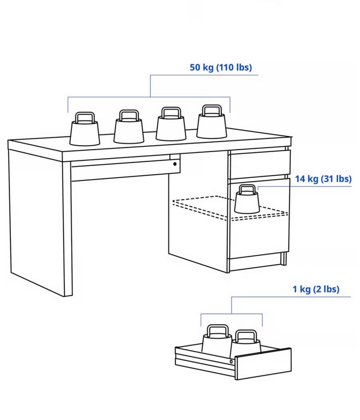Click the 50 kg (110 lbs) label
click(x=221, y=67)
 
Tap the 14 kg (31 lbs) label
click(x=323, y=178)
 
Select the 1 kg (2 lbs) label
click(x=316, y=289)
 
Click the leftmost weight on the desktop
click(x=85, y=129)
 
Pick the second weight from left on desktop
click(x=129, y=127)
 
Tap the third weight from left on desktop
click(x=171, y=124)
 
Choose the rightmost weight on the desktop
click(x=211, y=122)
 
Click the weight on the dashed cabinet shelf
click(x=247, y=199)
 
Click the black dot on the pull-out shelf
click(x=175, y=163)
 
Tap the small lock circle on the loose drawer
click(x=231, y=361)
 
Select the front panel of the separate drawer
click(x=264, y=364)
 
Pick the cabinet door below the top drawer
click(x=259, y=218)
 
